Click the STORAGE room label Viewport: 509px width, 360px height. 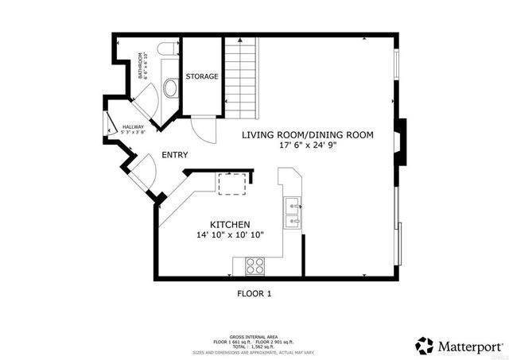202,76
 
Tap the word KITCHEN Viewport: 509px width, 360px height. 231,225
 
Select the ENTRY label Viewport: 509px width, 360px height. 175,155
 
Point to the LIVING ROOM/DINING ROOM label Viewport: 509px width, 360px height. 307,135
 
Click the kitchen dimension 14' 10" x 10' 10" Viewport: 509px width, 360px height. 231,235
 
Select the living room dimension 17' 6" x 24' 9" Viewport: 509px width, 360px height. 308,145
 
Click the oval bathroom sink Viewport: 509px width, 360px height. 169,86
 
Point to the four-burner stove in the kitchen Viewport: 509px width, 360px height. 254,266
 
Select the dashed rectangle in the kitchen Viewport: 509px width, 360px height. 232,183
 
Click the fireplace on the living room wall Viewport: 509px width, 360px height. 402,141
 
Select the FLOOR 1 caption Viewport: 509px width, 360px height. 254,294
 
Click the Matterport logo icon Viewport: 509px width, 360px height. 424,346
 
